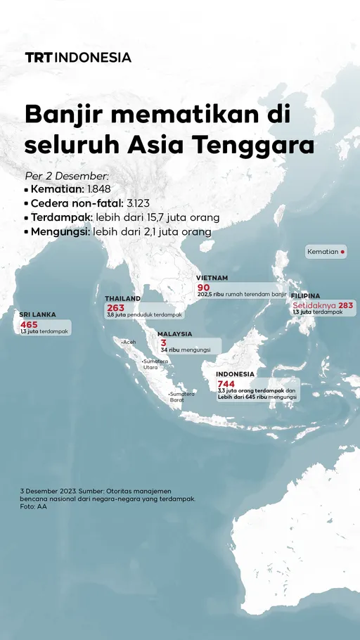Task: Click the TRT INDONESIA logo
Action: coord(78,58)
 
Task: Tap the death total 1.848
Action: coord(98,189)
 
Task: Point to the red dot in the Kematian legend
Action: coord(342,251)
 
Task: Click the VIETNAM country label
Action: coord(212,279)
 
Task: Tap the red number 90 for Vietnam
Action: coord(204,288)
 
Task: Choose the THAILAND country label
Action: coord(123,299)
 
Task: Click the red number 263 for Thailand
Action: coord(115,308)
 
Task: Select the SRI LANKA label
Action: coord(38,315)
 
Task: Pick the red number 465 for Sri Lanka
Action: coord(29,324)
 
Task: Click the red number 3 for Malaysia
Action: coord(163,343)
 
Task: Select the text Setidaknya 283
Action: coord(323,305)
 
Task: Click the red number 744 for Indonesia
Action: coord(226,383)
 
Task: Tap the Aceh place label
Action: coord(129,342)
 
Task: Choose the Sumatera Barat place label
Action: coord(182,397)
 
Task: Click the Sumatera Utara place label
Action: coord(155,364)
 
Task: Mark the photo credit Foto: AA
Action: coord(34,506)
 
